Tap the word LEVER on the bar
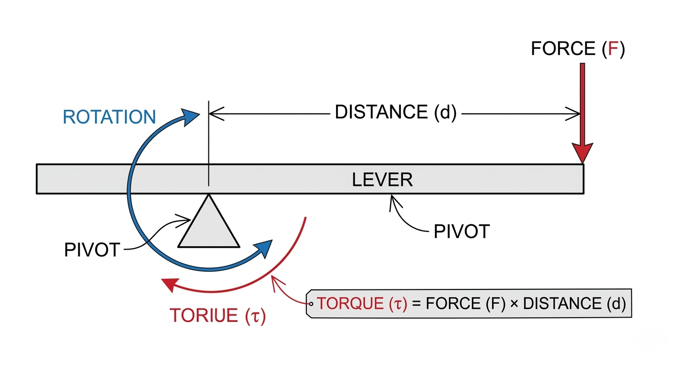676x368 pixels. coord(382,180)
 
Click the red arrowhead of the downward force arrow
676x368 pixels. coord(582,152)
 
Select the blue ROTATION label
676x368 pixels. coord(109,117)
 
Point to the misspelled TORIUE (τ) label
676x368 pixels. coord(217,316)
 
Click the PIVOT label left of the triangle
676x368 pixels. coord(92,250)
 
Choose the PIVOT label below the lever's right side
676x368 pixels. coord(461,232)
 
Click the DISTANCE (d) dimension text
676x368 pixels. coord(395,113)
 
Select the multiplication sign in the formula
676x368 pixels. coord(515,304)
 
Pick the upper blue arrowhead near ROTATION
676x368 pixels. coord(192,116)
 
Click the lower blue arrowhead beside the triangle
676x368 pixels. coord(263,249)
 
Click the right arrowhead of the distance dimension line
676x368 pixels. coord(575,114)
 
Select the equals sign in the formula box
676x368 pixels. coord(415,304)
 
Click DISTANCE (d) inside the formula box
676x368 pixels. coord(574,304)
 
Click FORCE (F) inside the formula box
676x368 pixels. coord(465,304)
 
